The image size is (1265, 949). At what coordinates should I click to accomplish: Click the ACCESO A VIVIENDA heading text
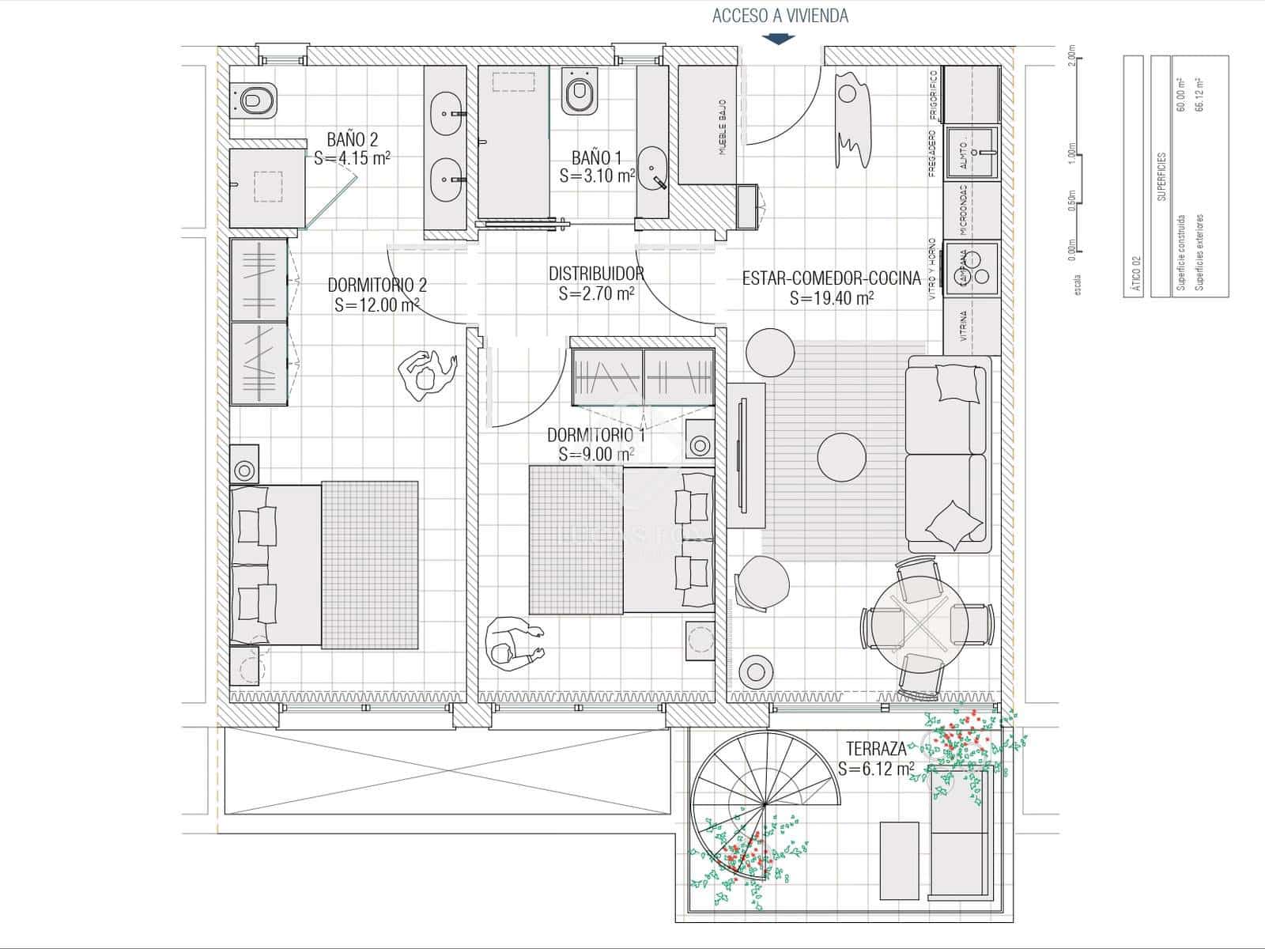point(780,16)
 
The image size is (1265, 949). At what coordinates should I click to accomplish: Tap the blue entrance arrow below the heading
point(780,38)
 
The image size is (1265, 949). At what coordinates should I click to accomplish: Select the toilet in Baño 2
point(255,100)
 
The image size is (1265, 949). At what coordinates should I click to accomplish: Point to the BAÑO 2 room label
point(352,140)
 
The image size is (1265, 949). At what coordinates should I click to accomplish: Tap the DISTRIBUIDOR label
point(596,274)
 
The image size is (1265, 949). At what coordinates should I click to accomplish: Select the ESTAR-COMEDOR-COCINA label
point(831,278)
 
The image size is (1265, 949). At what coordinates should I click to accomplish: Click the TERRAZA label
point(876,749)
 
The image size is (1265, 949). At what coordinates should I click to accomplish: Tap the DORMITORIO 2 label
point(377,285)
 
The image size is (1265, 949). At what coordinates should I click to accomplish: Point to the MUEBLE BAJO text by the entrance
point(722,127)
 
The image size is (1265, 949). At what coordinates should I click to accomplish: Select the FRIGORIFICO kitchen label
point(933,94)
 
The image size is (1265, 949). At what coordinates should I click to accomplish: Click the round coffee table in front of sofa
point(841,456)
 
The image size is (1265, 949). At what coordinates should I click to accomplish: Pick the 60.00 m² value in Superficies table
point(1180,95)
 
